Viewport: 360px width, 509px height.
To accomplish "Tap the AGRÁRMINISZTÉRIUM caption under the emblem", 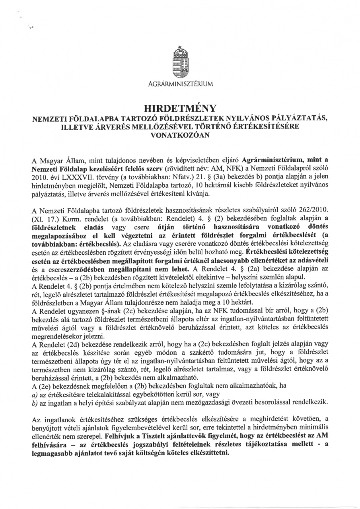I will click(x=180, y=84).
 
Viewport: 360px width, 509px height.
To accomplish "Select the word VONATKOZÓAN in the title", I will click(x=180, y=134).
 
